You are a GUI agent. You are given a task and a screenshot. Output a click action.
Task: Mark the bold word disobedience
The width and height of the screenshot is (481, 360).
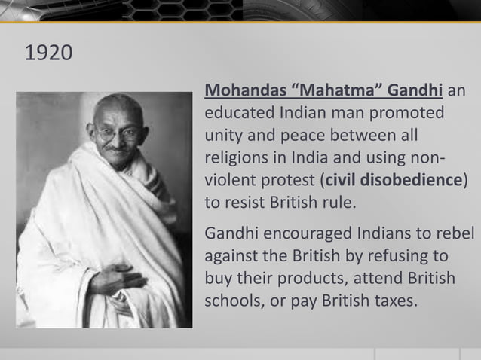(x=412, y=181)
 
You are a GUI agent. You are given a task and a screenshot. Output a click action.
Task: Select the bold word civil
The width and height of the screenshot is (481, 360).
(x=341, y=181)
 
